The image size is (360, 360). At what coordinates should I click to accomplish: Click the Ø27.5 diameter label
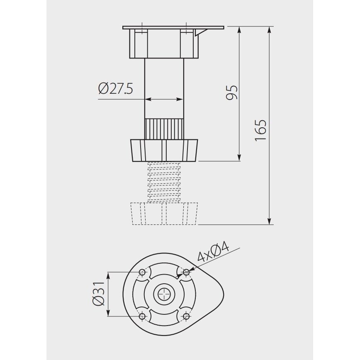pyautogui.click(x=115, y=88)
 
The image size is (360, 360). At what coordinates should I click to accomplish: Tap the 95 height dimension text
pyautogui.click(x=231, y=92)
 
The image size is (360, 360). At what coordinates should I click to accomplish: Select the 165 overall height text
pyautogui.click(x=260, y=130)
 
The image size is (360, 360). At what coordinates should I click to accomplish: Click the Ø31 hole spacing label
pyautogui.click(x=99, y=294)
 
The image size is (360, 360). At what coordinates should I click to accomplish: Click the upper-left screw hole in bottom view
pyautogui.click(x=142, y=272)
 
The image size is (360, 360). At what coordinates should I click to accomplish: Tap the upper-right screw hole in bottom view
pyautogui.click(x=186, y=272)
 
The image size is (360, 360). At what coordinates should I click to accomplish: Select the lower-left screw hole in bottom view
pyautogui.click(x=142, y=316)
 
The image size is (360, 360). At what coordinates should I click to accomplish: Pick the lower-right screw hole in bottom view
pyautogui.click(x=186, y=316)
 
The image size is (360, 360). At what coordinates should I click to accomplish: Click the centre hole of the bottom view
pyautogui.click(x=164, y=294)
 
